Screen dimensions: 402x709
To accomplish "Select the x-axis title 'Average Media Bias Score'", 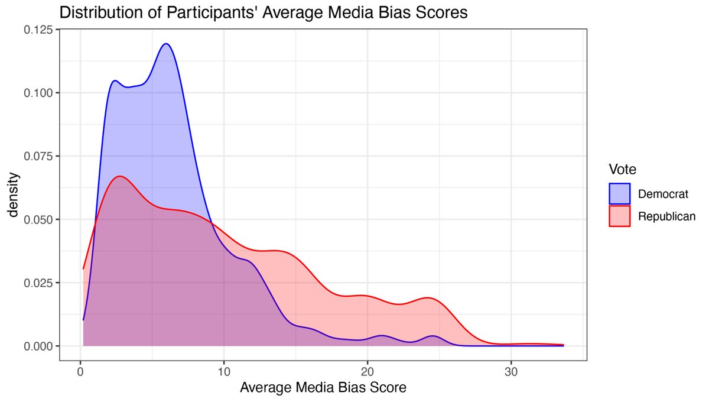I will pos(323,388).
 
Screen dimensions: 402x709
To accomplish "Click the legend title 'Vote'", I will pos(623,170).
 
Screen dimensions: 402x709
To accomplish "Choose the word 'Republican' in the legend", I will pos(666,216).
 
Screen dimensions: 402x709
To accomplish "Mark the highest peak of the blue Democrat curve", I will pos(166,44).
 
